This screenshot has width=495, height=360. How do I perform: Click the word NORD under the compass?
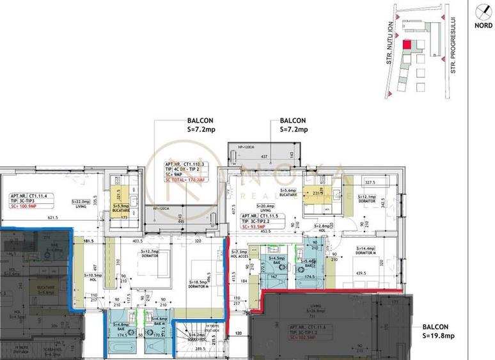click(x=483, y=27)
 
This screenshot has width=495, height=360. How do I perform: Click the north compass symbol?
click(x=483, y=11)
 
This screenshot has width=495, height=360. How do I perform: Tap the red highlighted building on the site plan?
click(x=407, y=45)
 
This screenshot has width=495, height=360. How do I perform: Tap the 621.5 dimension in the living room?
click(x=52, y=218)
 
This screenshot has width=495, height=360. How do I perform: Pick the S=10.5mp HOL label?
click(x=94, y=276)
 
